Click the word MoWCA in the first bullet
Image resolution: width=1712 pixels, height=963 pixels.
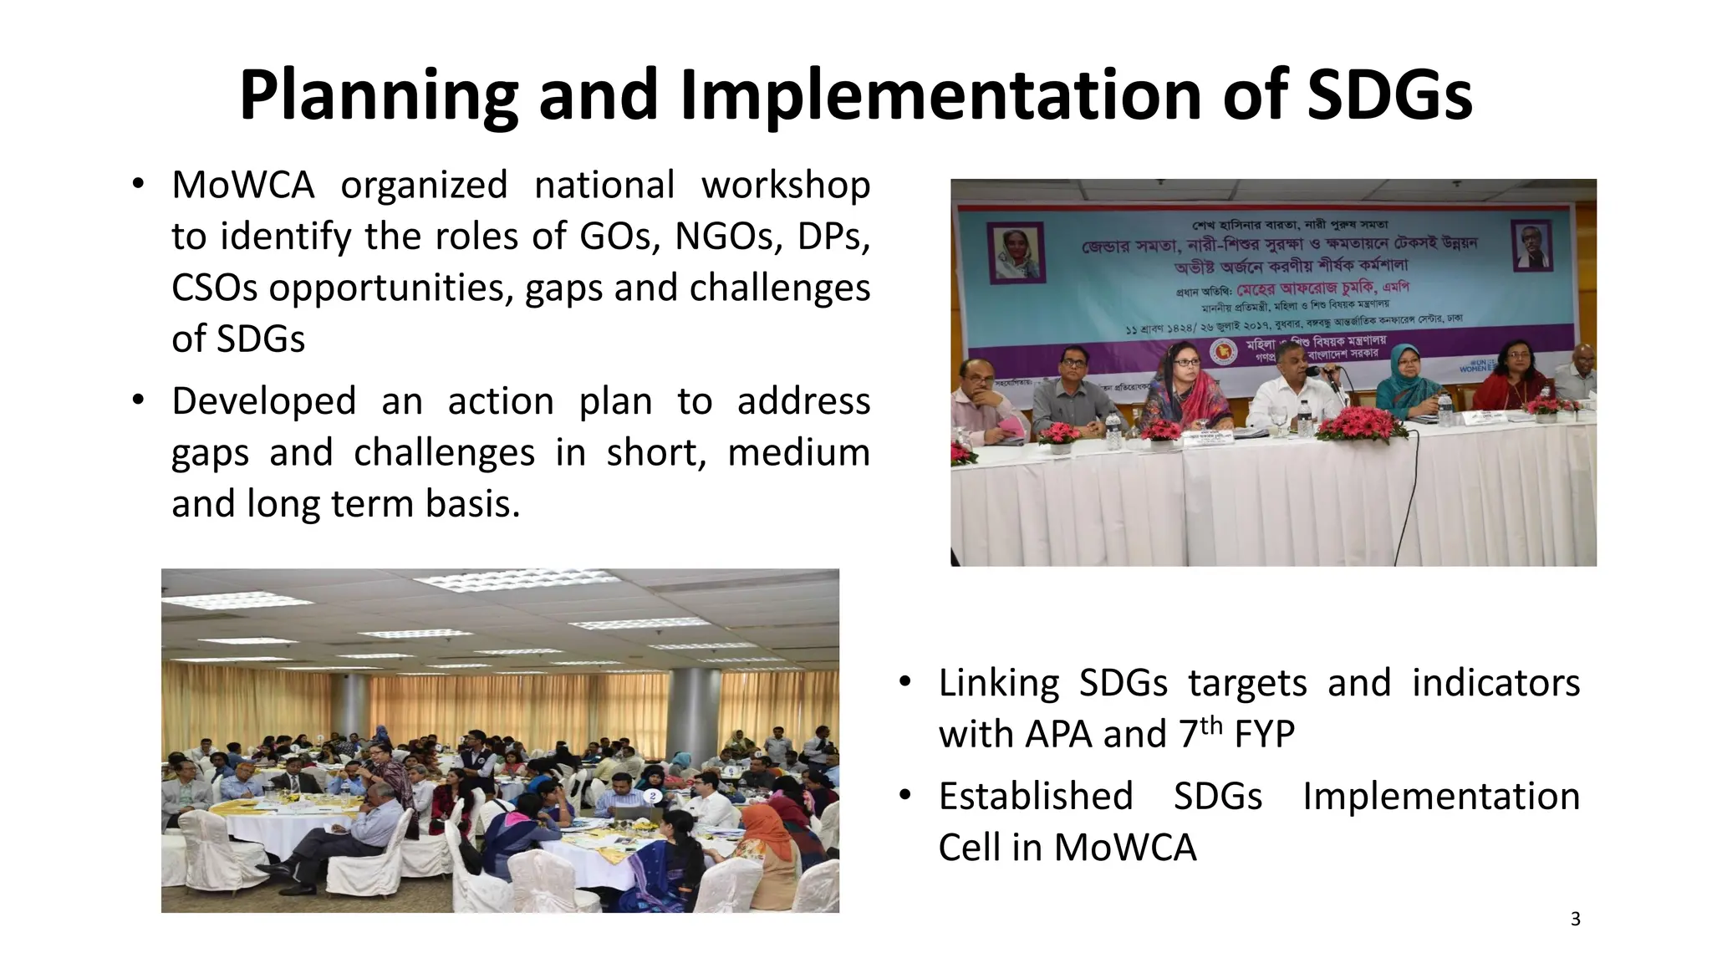click(242, 185)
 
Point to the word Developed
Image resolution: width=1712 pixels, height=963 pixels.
click(263, 401)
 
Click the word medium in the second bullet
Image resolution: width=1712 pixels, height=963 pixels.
click(798, 453)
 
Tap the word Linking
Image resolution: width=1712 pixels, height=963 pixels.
click(998, 683)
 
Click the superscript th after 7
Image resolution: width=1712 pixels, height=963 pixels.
click(1211, 724)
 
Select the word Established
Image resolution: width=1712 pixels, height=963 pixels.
click(1035, 797)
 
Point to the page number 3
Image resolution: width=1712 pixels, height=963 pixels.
click(1575, 920)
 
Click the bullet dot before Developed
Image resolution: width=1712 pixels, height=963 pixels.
click(138, 400)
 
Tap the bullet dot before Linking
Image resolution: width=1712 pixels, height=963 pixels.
click(904, 681)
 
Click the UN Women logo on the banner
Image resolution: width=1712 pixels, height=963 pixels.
click(1473, 366)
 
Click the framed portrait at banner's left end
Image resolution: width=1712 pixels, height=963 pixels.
click(1016, 251)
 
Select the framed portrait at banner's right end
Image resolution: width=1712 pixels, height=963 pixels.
click(1533, 245)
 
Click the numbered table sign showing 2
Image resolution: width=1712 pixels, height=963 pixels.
click(653, 796)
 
